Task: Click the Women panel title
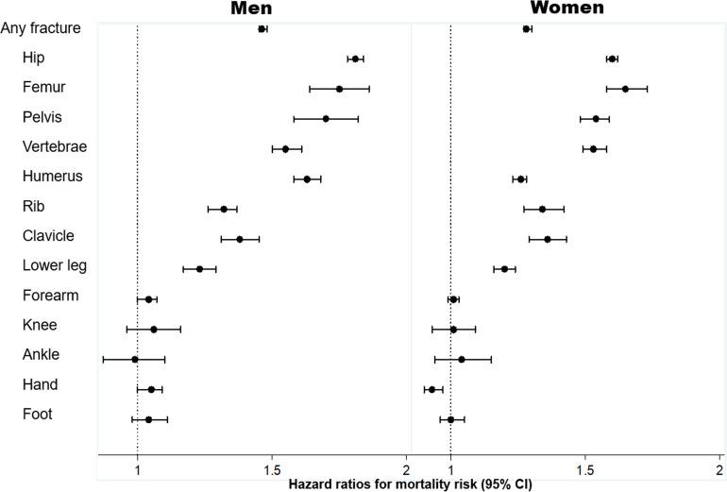tap(567, 8)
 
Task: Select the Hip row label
tap(34, 58)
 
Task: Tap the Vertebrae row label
tap(54, 147)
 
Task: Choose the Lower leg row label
tap(55, 265)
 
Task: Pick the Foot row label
tap(37, 414)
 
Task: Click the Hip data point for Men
tap(355, 59)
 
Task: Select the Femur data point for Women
tap(625, 89)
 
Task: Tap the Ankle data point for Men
tap(135, 359)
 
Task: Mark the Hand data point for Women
tap(432, 389)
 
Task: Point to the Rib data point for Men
tap(224, 209)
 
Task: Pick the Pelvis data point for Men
tap(326, 119)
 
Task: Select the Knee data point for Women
tap(454, 330)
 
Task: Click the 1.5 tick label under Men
tap(272, 469)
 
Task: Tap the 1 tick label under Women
tap(450, 469)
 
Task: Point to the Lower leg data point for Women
tap(504, 269)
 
